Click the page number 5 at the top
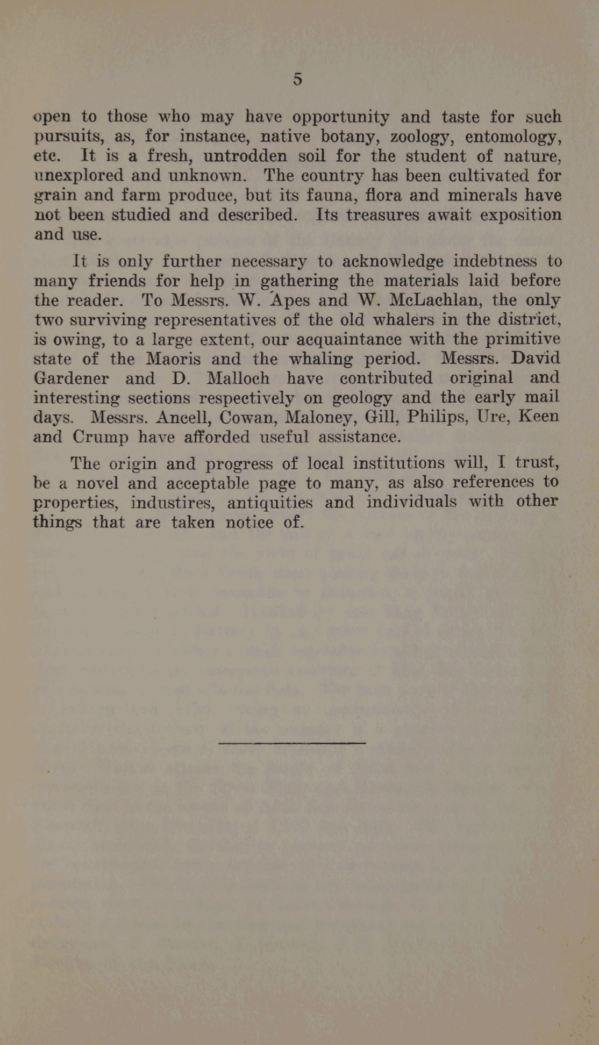(297, 79)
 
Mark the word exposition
(520, 214)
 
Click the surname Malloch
(238, 378)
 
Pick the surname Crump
(101, 436)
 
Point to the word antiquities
(269, 503)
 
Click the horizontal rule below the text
(292, 743)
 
